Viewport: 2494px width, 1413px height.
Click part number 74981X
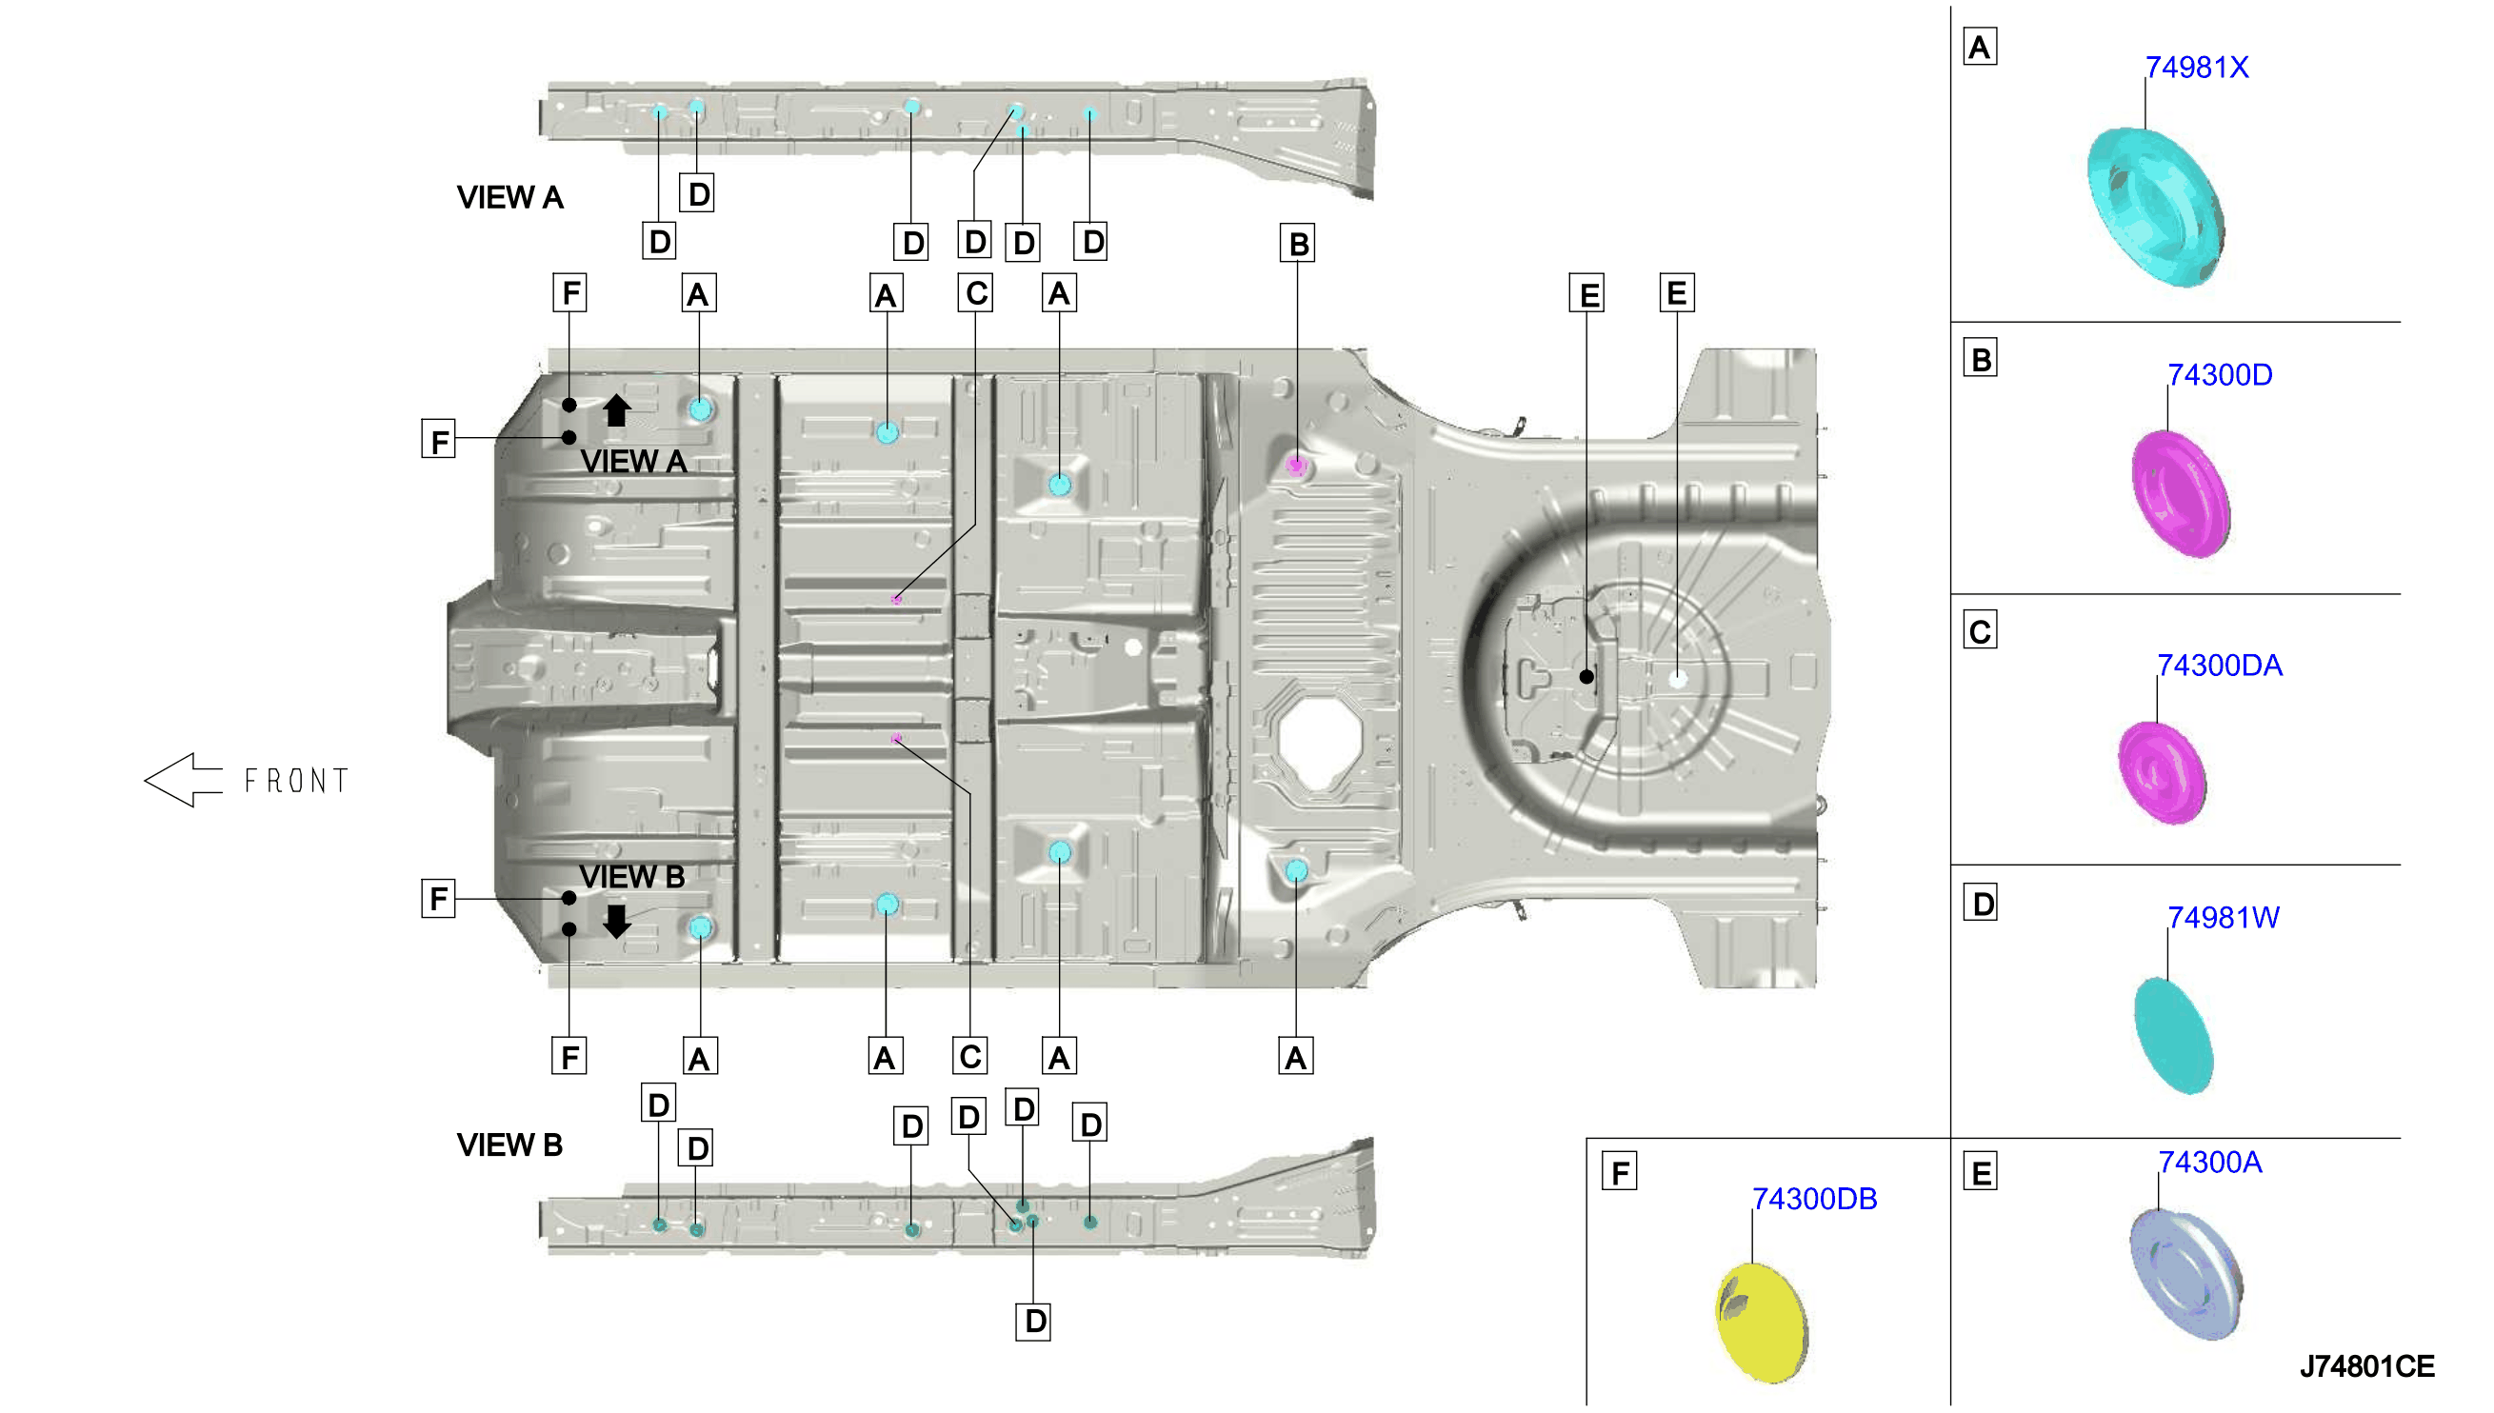[x=2196, y=68]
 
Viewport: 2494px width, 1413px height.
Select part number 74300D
[x=2220, y=374]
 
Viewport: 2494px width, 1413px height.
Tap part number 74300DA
[x=2220, y=666]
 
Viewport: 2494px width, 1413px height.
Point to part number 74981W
[x=2224, y=918]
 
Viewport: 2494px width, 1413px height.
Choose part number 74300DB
[x=1814, y=1200]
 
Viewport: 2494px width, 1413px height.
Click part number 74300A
[x=2209, y=1163]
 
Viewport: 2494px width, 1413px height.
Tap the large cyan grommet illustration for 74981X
[x=2156, y=207]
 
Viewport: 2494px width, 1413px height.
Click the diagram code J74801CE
[x=2367, y=1366]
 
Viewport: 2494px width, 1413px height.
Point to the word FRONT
[x=296, y=781]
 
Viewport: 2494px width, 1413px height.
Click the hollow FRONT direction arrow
[x=184, y=780]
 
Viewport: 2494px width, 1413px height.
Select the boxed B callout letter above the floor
[x=1297, y=244]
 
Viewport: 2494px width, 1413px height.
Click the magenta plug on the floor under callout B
[x=1296, y=465]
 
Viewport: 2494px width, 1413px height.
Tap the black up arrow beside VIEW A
[x=616, y=409]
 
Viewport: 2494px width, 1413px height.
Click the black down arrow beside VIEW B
[x=616, y=921]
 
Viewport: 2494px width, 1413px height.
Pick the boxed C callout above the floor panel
[x=976, y=293]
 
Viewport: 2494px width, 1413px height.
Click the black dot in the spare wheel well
[x=1586, y=677]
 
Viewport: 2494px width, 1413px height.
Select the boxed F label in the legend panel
[x=1620, y=1172]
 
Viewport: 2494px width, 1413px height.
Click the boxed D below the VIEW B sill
[x=1034, y=1322]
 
